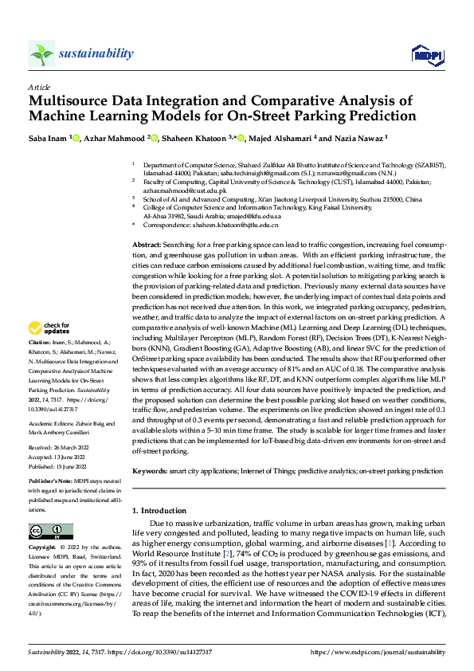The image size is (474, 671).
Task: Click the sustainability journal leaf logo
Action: (x=42, y=54)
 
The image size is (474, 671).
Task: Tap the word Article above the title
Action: (x=39, y=86)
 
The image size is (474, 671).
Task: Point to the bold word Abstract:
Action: (x=147, y=245)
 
